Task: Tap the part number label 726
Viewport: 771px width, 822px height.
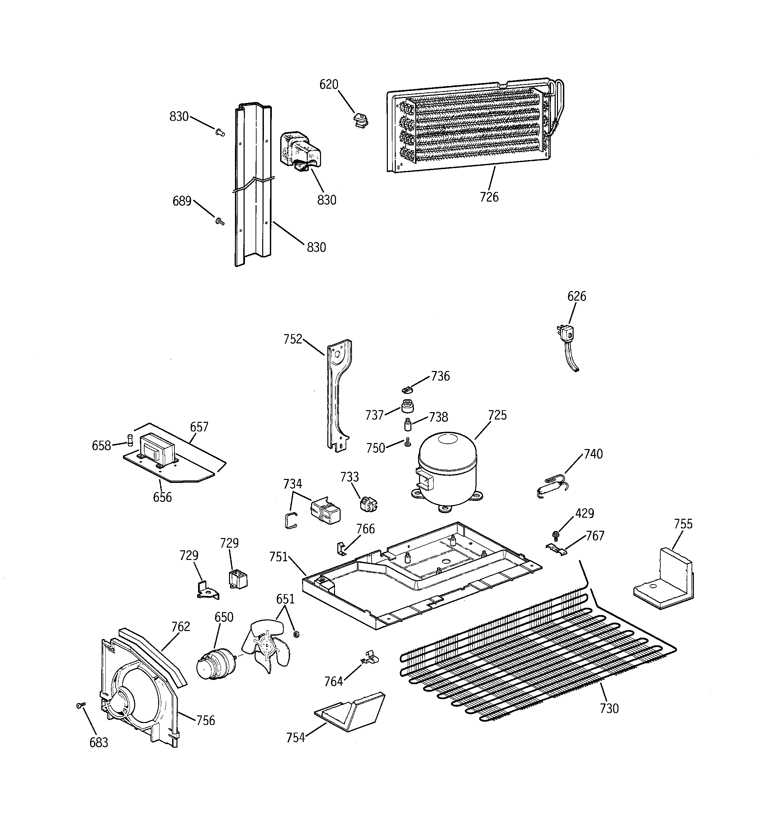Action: click(489, 197)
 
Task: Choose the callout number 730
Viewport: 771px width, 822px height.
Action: click(609, 708)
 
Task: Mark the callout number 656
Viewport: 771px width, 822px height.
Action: click(162, 497)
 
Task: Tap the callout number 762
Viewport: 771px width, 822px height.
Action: click(181, 626)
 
